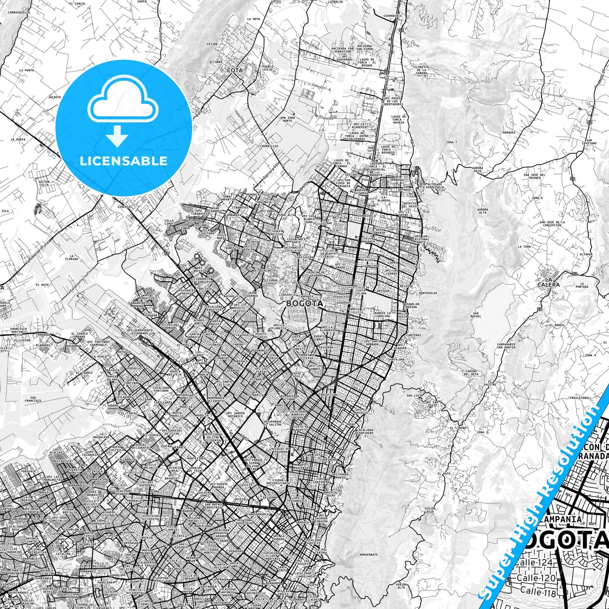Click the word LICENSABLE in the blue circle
[123, 161]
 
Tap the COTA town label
[235, 70]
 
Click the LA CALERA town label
[548, 282]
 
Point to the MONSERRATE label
[369, 555]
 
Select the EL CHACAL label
[77, 3]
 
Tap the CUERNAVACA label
[393, 16]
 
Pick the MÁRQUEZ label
[509, 132]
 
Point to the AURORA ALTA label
[483, 211]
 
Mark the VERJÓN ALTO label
[401, 586]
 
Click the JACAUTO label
[54, 97]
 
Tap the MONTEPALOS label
[428, 293]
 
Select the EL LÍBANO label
[458, 428]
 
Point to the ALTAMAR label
[586, 255]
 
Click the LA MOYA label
[253, 19]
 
